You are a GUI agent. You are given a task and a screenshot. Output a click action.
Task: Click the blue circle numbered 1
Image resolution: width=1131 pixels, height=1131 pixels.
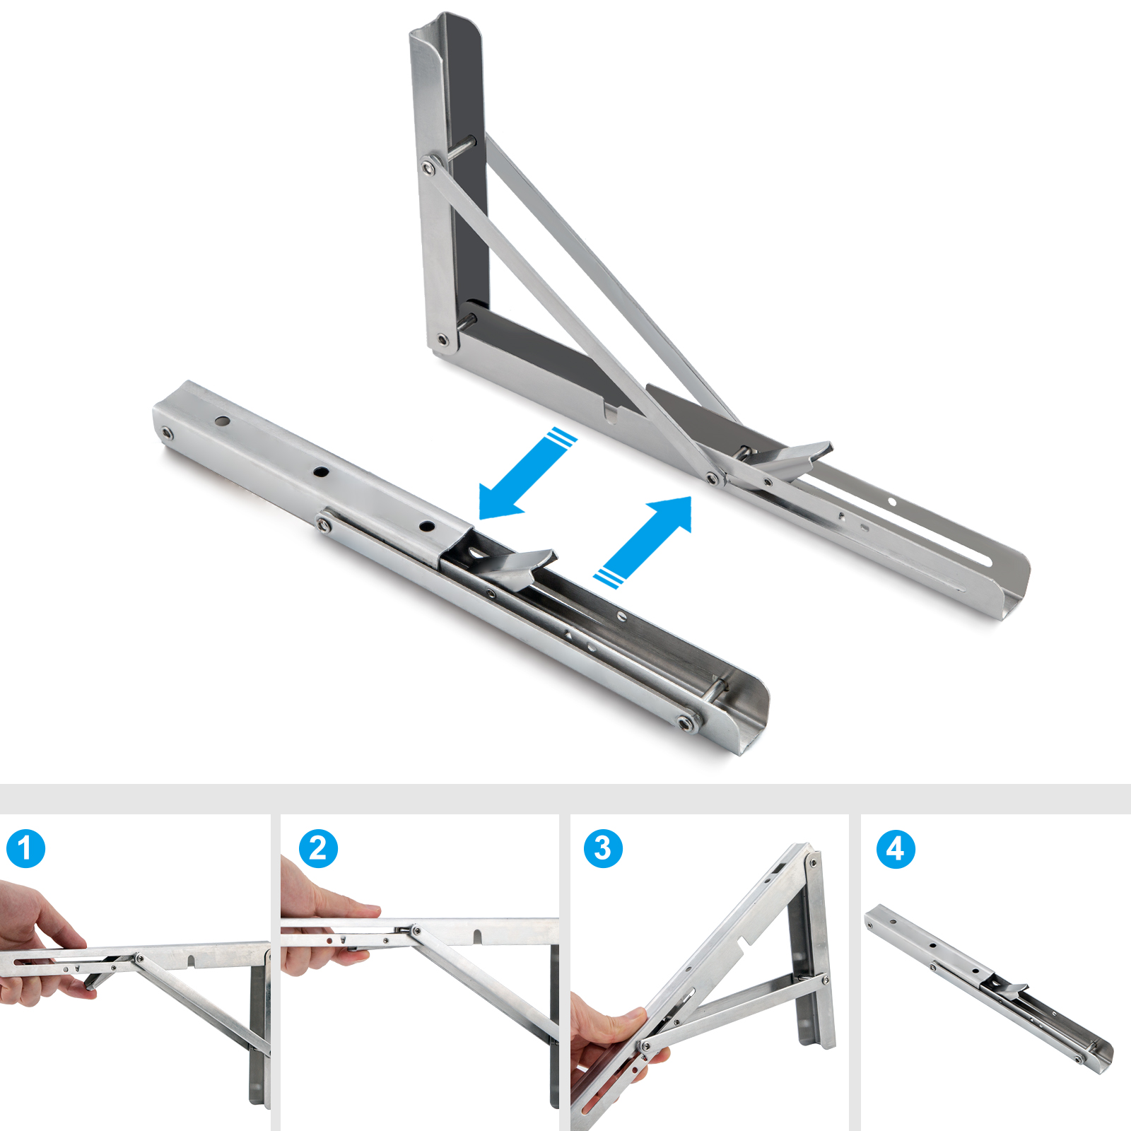point(25,849)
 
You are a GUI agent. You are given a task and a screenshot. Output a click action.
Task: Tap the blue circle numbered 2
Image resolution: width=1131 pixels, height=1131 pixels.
point(318,849)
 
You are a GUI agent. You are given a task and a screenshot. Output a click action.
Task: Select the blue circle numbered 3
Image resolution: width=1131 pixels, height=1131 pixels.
point(603,849)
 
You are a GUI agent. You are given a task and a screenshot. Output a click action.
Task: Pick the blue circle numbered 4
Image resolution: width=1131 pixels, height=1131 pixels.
point(896,849)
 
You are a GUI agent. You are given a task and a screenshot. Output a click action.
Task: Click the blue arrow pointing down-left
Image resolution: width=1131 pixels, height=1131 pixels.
point(527,473)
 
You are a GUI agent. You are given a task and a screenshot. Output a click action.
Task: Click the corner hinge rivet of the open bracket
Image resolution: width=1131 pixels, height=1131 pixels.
point(443,341)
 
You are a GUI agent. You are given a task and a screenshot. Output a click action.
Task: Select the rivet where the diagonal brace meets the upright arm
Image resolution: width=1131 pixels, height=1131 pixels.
point(428,168)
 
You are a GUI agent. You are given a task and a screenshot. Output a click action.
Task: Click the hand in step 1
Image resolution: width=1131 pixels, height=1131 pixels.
point(42,944)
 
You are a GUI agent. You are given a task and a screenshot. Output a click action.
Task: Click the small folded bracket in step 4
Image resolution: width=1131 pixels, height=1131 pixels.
point(990,990)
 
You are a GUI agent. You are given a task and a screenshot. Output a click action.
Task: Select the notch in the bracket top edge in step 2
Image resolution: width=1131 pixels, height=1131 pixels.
point(478,935)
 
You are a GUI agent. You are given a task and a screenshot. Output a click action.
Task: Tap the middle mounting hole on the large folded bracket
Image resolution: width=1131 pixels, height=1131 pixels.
point(322,471)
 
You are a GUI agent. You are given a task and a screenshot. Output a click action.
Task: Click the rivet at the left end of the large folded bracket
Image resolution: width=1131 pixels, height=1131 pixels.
point(165,433)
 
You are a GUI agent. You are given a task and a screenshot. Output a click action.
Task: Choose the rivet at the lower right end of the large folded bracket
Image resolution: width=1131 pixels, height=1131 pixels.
point(684,723)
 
